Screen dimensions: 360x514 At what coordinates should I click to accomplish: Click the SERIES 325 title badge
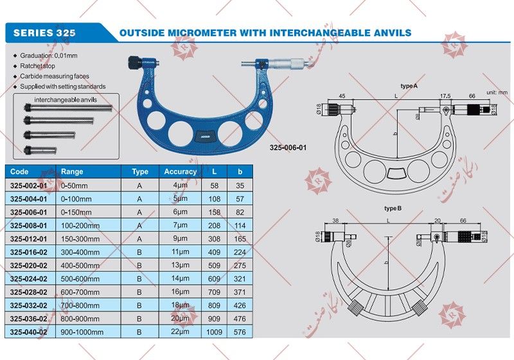point(44,32)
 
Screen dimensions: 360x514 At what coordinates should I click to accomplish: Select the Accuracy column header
point(180,172)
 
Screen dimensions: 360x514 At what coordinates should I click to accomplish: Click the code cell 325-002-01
point(29,185)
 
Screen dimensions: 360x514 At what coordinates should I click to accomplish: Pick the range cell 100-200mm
point(80,226)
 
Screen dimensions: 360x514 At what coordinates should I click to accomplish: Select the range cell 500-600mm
point(80,279)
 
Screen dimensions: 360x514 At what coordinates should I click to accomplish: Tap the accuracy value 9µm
point(181,239)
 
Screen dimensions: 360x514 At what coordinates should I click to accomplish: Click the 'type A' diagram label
point(409,85)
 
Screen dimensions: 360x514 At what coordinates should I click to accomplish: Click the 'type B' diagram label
point(393,209)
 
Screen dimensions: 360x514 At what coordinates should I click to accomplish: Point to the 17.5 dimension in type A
point(445,96)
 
